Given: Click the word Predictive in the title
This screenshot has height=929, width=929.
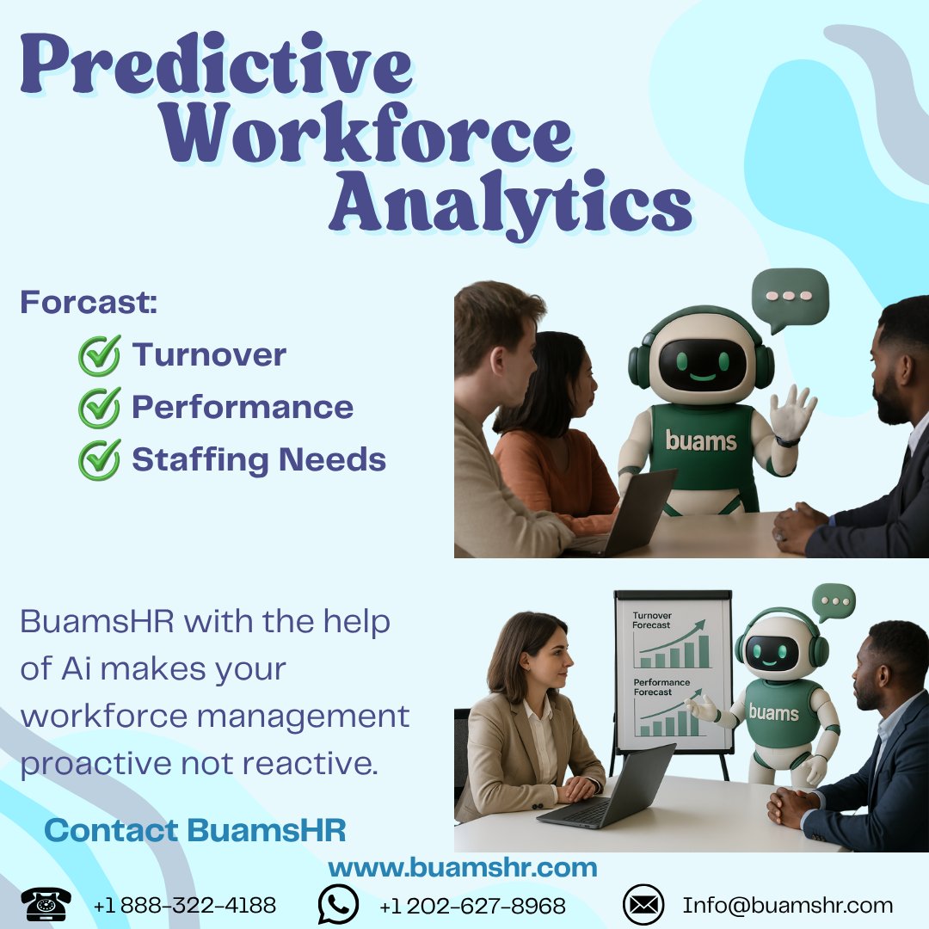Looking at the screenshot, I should tap(215, 67).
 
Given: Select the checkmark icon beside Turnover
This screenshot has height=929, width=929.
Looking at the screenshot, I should tap(99, 356).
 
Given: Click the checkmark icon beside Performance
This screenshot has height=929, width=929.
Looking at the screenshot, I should tap(99, 409).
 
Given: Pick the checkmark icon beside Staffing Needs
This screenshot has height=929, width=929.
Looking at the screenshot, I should tap(99, 460).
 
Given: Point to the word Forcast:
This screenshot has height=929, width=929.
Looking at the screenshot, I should tap(89, 303).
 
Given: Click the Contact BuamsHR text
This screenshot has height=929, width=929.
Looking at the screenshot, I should tap(195, 830).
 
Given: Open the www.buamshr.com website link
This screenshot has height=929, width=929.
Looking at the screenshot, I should tap(463, 867).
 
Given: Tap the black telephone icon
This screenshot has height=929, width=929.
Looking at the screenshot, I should tap(46, 905).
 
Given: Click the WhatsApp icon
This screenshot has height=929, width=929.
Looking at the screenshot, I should tap(338, 905).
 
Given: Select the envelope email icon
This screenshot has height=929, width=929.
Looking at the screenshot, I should tap(643, 905).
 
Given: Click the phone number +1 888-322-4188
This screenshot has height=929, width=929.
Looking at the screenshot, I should tap(185, 906).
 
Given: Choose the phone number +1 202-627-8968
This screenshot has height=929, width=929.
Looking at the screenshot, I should tap(472, 906).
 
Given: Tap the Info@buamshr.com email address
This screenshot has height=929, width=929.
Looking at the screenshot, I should tap(788, 906).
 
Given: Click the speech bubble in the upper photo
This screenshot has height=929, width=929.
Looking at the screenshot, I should tap(789, 298).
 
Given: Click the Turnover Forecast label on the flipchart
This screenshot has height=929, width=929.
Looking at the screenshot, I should tap(652, 620).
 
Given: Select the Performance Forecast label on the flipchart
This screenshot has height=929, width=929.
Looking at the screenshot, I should tap(661, 686).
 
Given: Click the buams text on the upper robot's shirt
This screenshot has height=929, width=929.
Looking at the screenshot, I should tap(701, 442).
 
